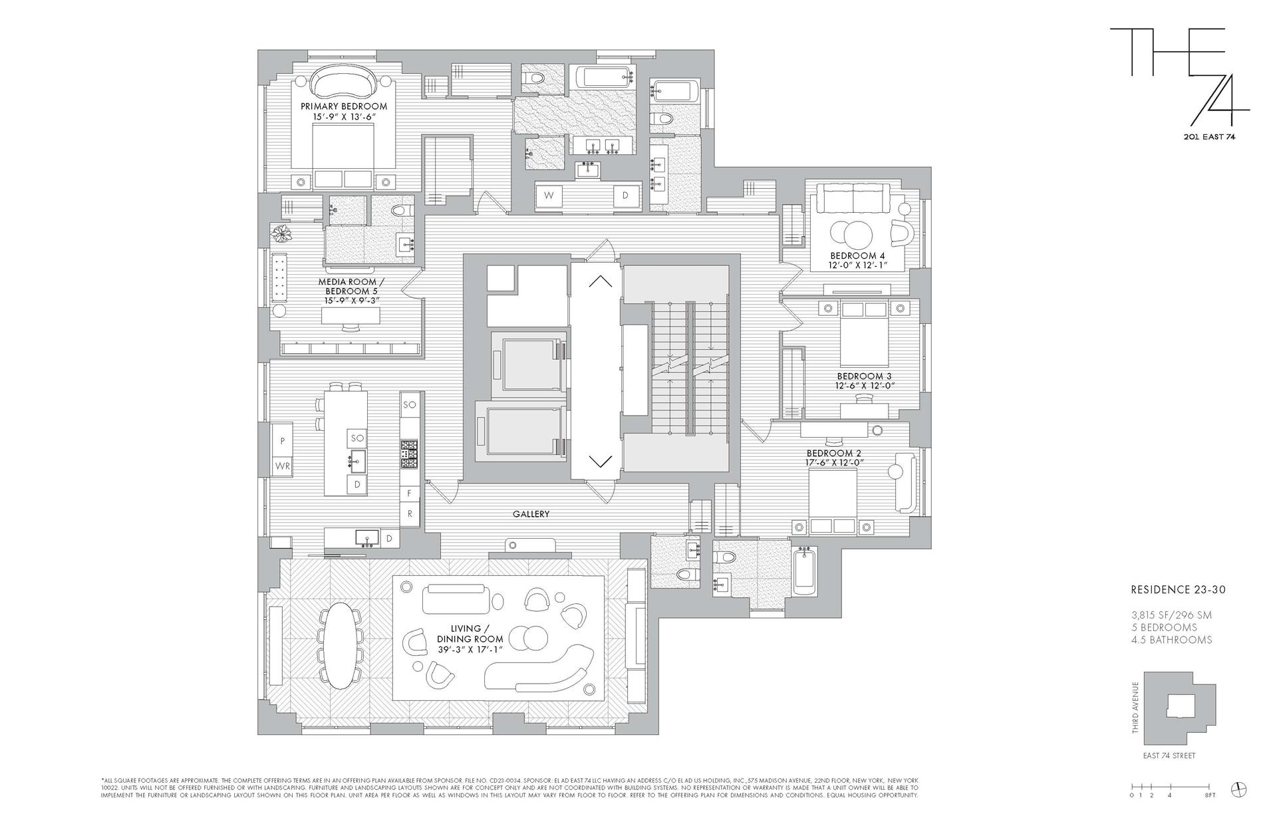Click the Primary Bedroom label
[343, 106]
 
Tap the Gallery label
[531, 514]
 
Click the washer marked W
[549, 196]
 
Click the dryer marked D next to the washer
[625, 196]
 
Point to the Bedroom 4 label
[857, 256]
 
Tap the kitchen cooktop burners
[408, 454]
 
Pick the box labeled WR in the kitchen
[282, 466]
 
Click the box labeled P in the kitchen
[282, 441]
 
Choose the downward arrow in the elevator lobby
[600, 460]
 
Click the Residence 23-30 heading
[1178, 589]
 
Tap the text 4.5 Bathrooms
[1171, 640]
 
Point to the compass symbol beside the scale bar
[1239, 789]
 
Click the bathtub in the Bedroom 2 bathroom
[805, 573]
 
